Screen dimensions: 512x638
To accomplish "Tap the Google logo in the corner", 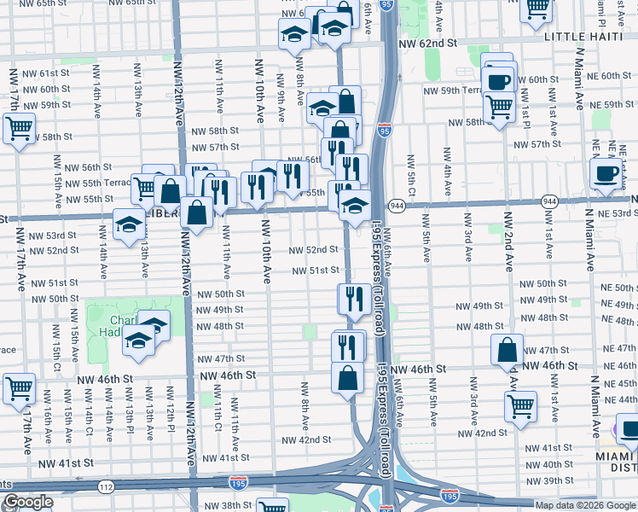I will coord(27,503).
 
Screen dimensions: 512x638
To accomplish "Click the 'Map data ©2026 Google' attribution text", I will coord(585,505).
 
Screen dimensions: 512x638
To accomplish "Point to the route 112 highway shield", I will coord(105,487).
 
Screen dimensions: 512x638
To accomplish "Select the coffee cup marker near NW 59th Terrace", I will coord(498,81).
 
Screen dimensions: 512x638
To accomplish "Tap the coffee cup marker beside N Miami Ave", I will coord(606,173).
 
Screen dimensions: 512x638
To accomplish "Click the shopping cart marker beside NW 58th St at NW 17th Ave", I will coord(18,129).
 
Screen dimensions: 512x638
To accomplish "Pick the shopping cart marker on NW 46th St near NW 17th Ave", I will coord(18,388).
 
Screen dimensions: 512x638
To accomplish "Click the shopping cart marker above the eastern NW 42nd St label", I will coord(520,406).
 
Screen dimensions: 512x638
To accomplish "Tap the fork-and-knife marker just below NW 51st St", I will coord(352,299).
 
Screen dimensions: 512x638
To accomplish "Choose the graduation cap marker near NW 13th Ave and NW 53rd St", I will coord(129,225).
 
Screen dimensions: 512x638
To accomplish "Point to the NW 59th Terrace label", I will coord(460,90).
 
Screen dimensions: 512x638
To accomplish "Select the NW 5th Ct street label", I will coord(411,175).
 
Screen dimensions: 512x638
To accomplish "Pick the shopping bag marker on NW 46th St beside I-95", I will coord(348,377).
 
